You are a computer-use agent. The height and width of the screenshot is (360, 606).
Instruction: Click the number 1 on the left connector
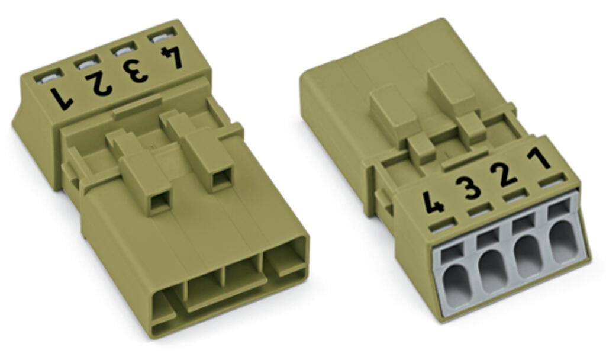(x=62, y=98)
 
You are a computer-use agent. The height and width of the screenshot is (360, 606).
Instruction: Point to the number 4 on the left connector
(x=172, y=57)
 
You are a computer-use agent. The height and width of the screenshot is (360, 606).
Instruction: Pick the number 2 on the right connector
(x=503, y=175)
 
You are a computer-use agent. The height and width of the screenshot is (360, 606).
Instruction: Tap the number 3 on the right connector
(x=468, y=188)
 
